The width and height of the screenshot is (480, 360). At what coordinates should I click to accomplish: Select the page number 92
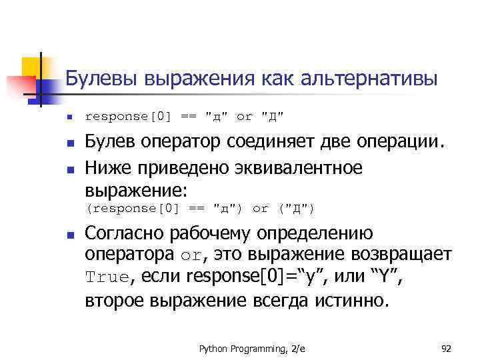coord(447,349)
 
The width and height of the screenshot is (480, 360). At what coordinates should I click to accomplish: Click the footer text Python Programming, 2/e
coord(248,349)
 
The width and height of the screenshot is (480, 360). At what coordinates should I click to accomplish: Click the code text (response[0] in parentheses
coord(133,208)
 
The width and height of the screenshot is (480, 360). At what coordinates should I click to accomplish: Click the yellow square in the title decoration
coord(31,67)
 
